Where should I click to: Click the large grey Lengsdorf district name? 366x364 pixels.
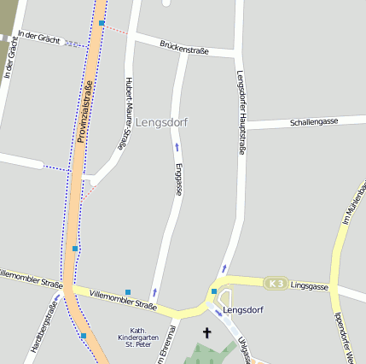(x=161, y=122)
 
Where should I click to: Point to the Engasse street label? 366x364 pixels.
(x=178, y=179)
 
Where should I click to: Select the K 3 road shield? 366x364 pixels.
(x=274, y=283)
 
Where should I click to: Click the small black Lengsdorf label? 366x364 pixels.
(x=242, y=309)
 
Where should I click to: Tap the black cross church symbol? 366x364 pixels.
(x=206, y=332)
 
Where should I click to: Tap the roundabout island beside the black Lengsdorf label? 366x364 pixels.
(x=225, y=299)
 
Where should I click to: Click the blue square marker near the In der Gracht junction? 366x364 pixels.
(x=102, y=23)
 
